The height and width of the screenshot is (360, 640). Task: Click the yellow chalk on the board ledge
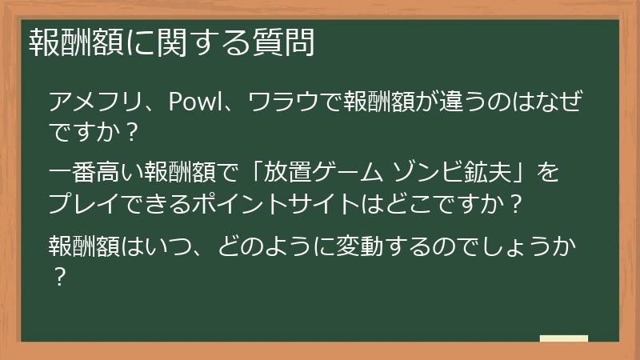click(563, 338)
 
